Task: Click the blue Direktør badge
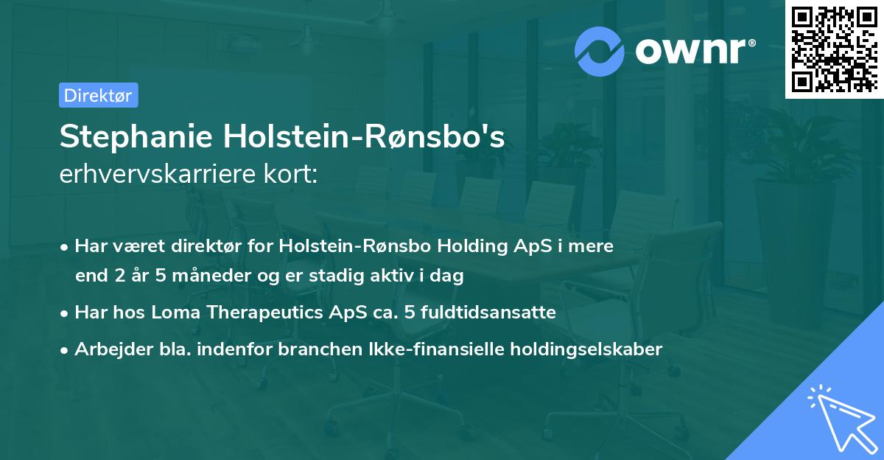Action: tap(98, 95)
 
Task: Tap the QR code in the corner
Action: tap(834, 49)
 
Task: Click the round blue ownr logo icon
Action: tap(600, 52)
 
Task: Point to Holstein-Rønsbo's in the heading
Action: tap(365, 136)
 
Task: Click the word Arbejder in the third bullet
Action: tap(108, 349)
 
